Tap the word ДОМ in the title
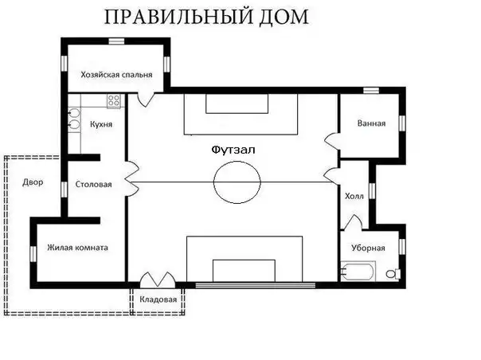click(x=284, y=18)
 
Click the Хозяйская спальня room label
click(x=116, y=75)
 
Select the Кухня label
click(x=101, y=124)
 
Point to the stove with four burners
click(x=114, y=100)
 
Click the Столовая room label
click(x=93, y=185)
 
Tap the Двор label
click(x=33, y=182)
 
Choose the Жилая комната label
click(x=77, y=248)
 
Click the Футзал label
click(x=233, y=150)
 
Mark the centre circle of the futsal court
click(x=237, y=162)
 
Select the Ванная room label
click(x=371, y=123)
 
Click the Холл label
click(x=354, y=196)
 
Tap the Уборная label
click(x=368, y=248)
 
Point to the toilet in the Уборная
click(x=393, y=273)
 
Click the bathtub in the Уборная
click(x=358, y=271)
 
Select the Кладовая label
click(x=158, y=299)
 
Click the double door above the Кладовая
click(x=158, y=280)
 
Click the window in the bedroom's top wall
click(x=116, y=41)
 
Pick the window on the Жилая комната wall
click(x=33, y=254)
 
